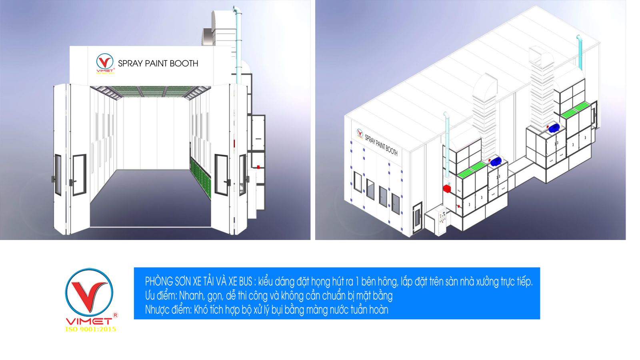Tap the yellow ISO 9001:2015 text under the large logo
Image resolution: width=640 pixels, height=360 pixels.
click(x=91, y=329)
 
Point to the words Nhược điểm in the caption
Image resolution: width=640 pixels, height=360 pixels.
click(x=168, y=310)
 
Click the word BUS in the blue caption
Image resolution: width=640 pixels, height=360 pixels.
click(x=246, y=282)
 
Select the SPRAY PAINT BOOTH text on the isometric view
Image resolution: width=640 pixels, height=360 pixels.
click(x=381, y=146)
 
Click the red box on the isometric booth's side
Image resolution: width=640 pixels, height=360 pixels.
click(x=446, y=188)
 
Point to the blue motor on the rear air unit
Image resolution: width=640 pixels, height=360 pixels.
click(x=554, y=128)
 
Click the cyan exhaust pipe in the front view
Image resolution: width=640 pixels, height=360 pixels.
click(x=238, y=43)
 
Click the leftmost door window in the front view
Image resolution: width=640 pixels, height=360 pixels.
click(x=58, y=175)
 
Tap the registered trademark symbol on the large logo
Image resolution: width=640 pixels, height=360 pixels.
click(x=116, y=315)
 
